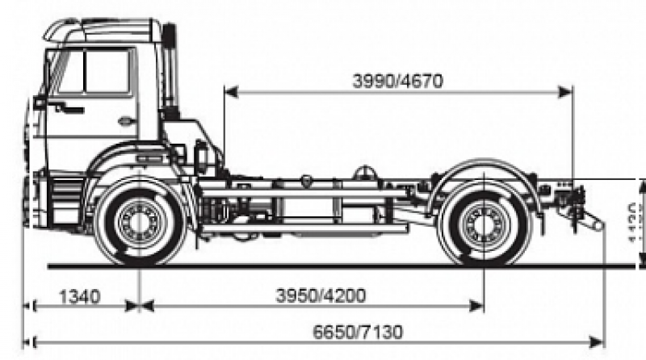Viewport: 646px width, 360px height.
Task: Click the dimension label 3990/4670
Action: tap(397, 81)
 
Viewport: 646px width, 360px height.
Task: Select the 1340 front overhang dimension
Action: tap(79, 295)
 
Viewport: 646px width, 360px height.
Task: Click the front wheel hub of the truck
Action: tap(138, 222)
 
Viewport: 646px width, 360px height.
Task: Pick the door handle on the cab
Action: tap(127, 122)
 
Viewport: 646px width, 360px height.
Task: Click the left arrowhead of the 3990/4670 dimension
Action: tap(229, 92)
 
